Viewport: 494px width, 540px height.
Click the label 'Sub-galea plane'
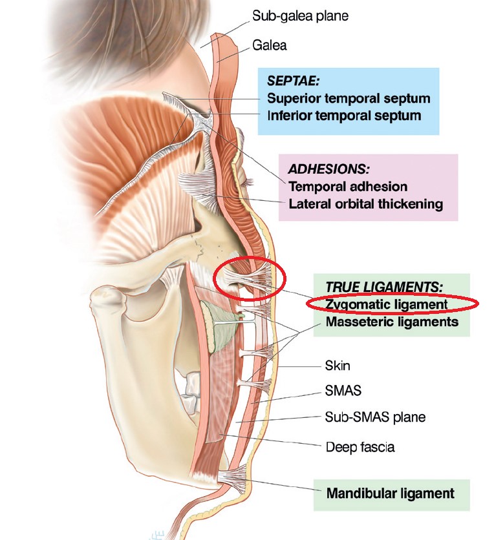click(x=300, y=16)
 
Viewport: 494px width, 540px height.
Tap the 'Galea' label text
click(x=270, y=45)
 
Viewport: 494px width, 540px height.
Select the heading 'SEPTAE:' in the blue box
click(x=294, y=81)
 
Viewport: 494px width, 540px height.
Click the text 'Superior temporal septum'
click(x=349, y=98)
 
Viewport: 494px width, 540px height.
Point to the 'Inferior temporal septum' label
click(x=345, y=116)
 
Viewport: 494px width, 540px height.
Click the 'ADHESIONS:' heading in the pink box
click(x=329, y=169)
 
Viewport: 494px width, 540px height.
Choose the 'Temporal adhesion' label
click(x=348, y=186)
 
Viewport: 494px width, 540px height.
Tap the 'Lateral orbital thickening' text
click(x=366, y=203)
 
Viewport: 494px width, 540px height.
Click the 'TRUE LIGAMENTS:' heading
click(x=384, y=287)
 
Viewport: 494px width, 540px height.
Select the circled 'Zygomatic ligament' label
click(x=387, y=304)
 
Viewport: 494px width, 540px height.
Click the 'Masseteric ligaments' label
click(x=392, y=322)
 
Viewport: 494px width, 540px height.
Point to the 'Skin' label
click(x=338, y=366)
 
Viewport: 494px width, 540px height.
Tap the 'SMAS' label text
click(x=343, y=391)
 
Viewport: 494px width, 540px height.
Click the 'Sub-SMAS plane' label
click(x=376, y=417)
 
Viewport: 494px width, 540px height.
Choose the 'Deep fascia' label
click(x=360, y=447)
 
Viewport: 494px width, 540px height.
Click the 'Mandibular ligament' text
click(x=391, y=493)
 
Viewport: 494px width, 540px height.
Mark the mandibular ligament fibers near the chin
click(x=233, y=477)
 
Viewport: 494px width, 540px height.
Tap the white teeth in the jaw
click(x=191, y=393)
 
